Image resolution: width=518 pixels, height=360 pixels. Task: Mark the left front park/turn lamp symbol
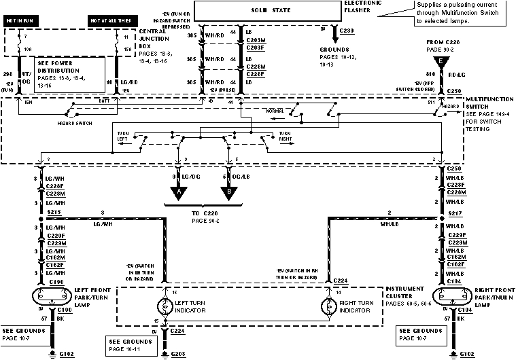tap(49, 297)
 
